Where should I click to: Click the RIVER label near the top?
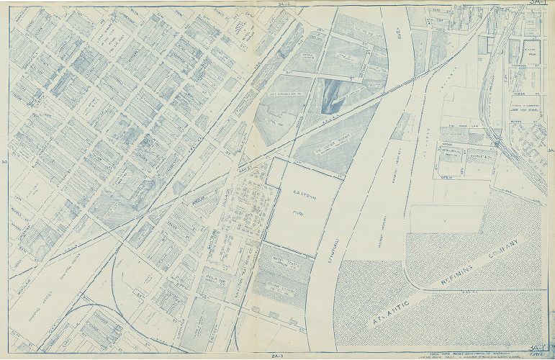(x=398, y=34)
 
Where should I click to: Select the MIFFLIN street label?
(x=446, y=176)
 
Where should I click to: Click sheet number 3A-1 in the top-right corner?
(x=536, y=4)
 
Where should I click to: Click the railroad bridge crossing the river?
(x=374, y=97)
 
